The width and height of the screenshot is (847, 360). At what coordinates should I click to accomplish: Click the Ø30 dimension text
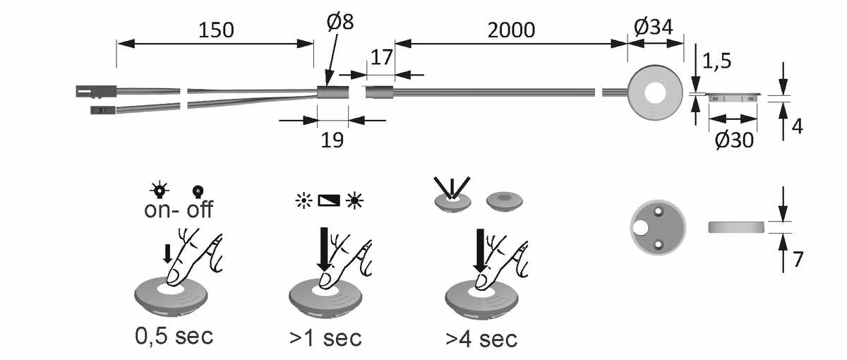(x=733, y=140)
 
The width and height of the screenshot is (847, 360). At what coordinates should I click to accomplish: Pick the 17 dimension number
(x=381, y=57)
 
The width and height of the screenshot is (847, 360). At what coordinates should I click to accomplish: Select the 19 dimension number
(x=332, y=140)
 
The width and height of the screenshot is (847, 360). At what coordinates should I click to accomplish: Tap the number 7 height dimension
(x=798, y=260)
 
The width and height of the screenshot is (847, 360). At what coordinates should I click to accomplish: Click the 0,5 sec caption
(x=174, y=335)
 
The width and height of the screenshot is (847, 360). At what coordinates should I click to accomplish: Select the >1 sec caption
(x=325, y=337)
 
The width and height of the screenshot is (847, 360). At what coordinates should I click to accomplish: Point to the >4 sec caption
(x=481, y=337)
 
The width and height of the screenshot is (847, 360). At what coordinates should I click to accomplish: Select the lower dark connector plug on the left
(x=102, y=110)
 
